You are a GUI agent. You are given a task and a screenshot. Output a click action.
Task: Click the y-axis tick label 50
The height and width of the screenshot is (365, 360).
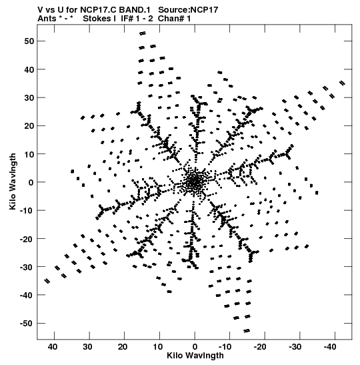pyautogui.click(x=29, y=41)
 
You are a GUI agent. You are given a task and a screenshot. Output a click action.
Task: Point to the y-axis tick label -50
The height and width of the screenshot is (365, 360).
pyautogui.click(x=27, y=324)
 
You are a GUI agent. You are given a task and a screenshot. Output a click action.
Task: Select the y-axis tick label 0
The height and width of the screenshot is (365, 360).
pyautogui.click(x=31, y=183)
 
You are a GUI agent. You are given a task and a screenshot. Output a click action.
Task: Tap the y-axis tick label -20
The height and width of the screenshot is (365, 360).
pyautogui.click(x=27, y=239)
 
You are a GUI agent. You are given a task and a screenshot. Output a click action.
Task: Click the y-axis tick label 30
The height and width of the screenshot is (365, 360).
pyautogui.click(x=29, y=98)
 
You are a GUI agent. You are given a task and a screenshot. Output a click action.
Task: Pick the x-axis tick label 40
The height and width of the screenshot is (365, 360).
pyautogui.click(x=53, y=347)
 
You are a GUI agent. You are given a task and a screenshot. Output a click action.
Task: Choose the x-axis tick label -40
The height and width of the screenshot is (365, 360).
pyautogui.click(x=330, y=347)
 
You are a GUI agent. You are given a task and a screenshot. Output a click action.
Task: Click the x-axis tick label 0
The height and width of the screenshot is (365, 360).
pyautogui.click(x=195, y=347)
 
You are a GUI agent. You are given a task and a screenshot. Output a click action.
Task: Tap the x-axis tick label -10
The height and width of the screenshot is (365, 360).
pyautogui.click(x=225, y=347)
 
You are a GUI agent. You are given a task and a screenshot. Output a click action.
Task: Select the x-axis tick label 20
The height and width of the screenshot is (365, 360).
pyautogui.click(x=123, y=347)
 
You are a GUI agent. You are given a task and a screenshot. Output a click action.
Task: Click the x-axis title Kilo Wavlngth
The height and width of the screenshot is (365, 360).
pyautogui.click(x=195, y=356)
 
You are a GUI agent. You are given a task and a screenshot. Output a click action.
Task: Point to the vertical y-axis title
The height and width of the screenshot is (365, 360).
pyautogui.click(x=13, y=181)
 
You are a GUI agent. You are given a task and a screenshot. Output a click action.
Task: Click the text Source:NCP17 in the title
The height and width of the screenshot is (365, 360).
pyautogui.click(x=188, y=10)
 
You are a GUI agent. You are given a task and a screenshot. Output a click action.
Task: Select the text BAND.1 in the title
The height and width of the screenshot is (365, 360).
pyautogui.click(x=136, y=10)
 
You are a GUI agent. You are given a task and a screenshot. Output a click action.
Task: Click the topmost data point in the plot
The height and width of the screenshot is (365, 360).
pyautogui.click(x=143, y=33)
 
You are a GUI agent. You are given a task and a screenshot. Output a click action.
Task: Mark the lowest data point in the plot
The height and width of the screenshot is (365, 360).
pyautogui.click(x=247, y=330)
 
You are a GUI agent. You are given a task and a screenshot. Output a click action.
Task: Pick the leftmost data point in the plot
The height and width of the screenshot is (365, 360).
pyautogui.click(x=47, y=281)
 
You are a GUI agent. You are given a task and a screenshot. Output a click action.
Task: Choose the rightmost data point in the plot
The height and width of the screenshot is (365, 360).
pyautogui.click(x=342, y=83)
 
